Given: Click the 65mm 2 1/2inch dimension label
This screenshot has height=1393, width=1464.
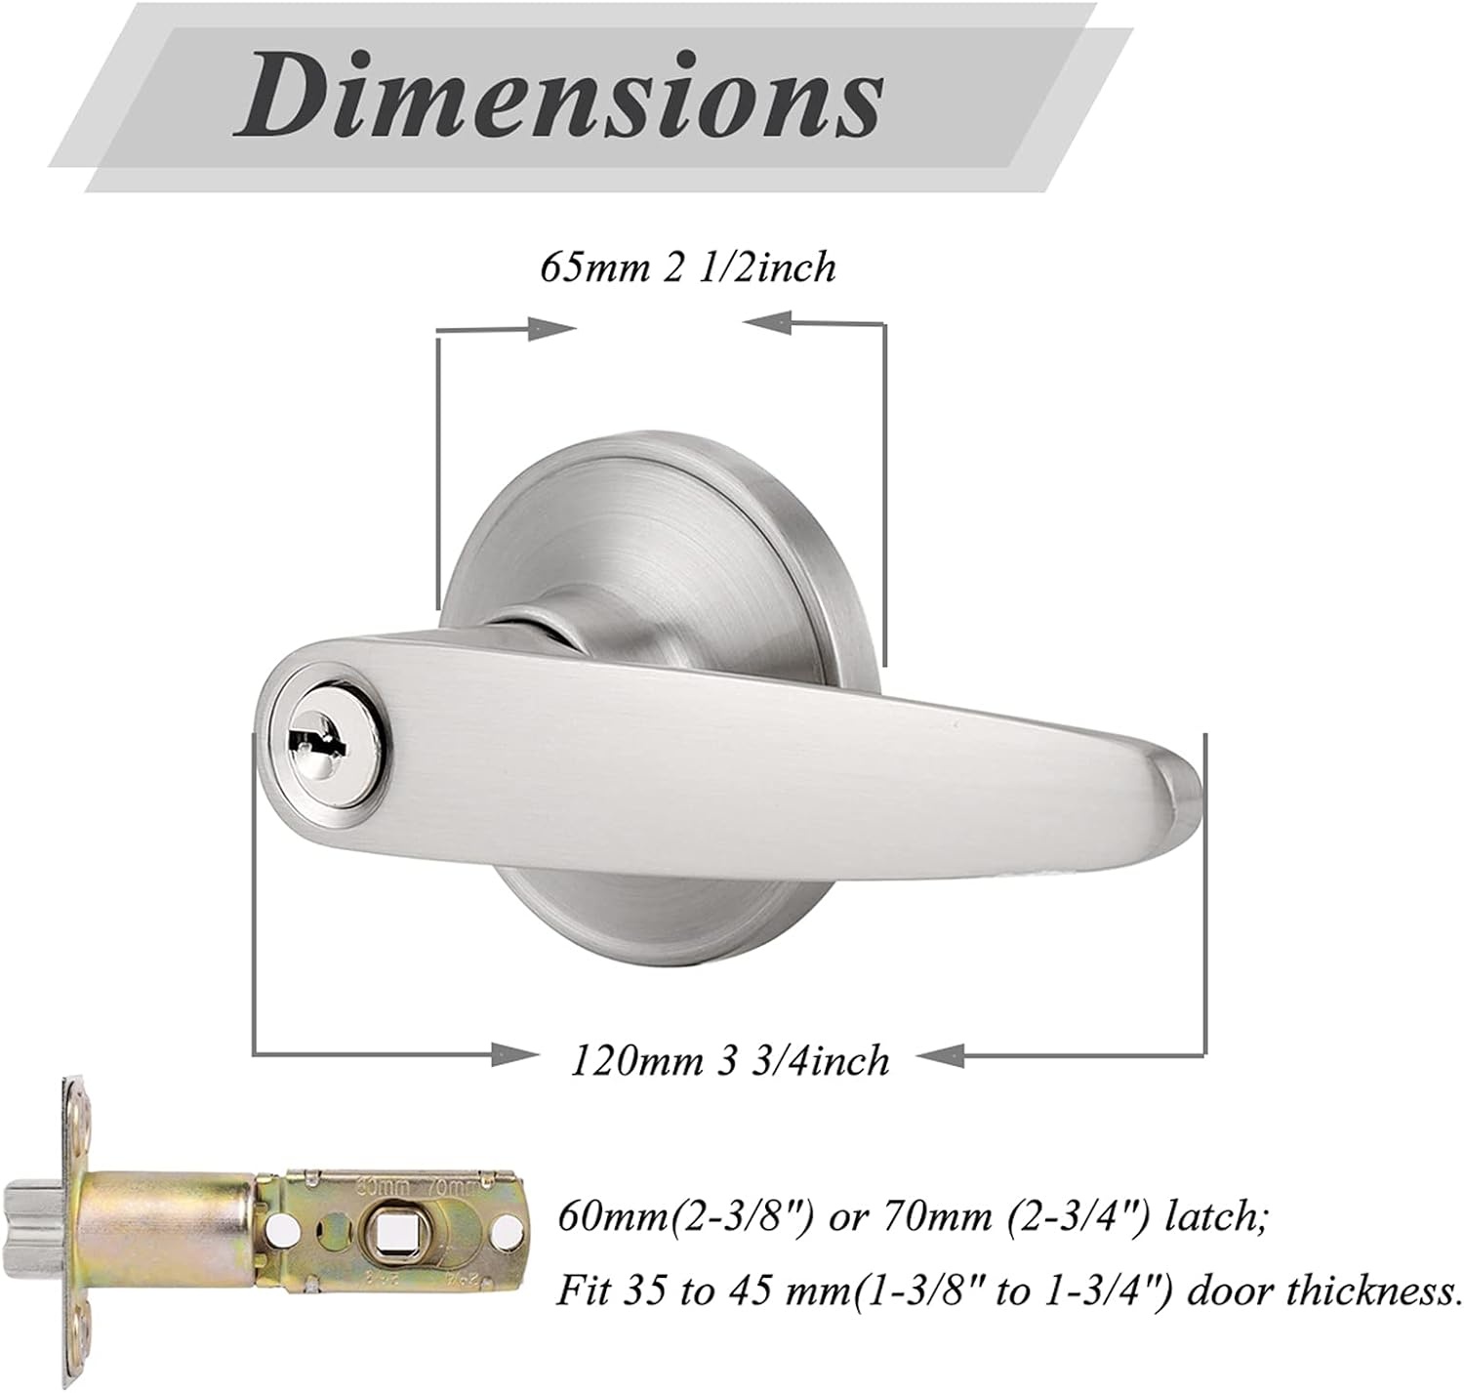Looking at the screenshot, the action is click(x=688, y=267).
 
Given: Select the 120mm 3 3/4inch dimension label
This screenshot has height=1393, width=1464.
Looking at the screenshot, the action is click(x=729, y=1060).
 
